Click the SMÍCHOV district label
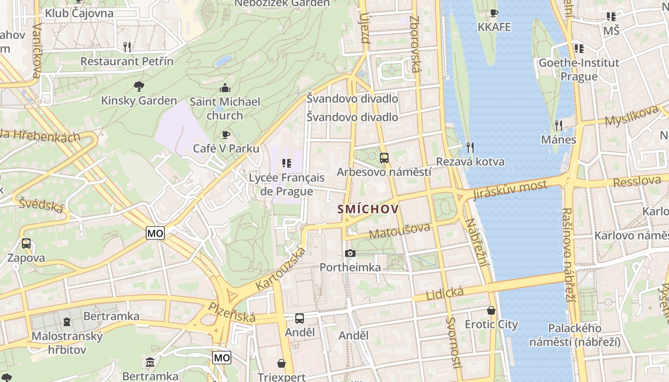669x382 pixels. (x=368, y=209)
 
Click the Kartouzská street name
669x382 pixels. (x=281, y=268)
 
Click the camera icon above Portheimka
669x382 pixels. (x=350, y=253)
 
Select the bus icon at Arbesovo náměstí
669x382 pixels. (x=384, y=158)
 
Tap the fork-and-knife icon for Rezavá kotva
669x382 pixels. (x=470, y=147)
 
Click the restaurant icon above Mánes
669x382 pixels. (x=558, y=125)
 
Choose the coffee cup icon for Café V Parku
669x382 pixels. (x=226, y=135)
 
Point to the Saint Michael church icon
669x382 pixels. (x=225, y=88)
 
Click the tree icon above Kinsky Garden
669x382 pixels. (x=139, y=86)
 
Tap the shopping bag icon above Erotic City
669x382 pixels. (x=491, y=310)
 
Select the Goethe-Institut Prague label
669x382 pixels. (x=579, y=70)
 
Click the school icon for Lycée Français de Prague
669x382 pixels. (x=286, y=163)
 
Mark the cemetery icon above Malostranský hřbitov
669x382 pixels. (x=67, y=322)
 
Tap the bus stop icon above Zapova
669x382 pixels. (x=26, y=244)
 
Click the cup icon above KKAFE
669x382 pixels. (x=494, y=13)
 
